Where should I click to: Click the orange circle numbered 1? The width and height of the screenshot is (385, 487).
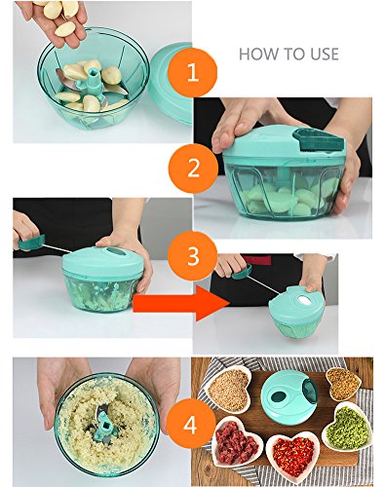[x=193, y=72]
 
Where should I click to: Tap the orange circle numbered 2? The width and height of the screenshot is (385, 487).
[x=193, y=169]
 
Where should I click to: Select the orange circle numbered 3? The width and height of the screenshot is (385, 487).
[x=193, y=256]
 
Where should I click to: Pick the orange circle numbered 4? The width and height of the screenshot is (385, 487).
[x=191, y=425]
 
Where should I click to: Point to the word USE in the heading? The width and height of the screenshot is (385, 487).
[x=325, y=54]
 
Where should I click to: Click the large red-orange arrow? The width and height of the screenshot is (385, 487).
[x=181, y=304]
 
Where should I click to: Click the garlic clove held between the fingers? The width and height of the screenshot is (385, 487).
[x=65, y=29]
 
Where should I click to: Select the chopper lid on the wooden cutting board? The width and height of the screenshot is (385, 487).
[x=289, y=397]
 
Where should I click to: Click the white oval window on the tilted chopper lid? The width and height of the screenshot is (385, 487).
[x=304, y=301]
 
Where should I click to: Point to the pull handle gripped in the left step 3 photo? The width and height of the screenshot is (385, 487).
[x=31, y=243]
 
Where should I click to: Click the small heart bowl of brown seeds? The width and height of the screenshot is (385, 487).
[x=343, y=384]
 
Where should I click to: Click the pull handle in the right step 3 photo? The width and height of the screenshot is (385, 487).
[x=242, y=272]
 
